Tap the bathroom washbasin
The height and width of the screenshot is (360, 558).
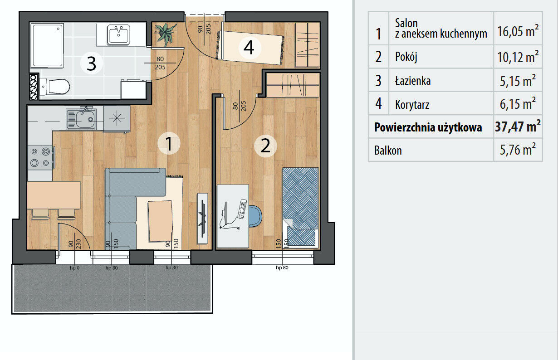(x=118, y=34)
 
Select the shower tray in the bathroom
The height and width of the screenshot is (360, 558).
(x=47, y=45)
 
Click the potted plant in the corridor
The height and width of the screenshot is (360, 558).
(x=165, y=34)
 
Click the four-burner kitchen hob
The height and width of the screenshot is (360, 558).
(x=40, y=157)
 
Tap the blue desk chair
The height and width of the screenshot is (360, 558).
(x=255, y=216)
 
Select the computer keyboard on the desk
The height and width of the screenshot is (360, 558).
(x=242, y=209)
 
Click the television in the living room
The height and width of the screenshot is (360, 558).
(x=202, y=218)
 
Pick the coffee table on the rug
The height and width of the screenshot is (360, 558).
(x=161, y=221)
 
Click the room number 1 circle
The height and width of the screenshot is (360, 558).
(x=169, y=144)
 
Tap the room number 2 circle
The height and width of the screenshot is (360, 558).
(x=265, y=146)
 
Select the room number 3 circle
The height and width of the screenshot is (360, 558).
(x=92, y=63)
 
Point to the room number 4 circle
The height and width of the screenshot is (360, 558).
(x=250, y=48)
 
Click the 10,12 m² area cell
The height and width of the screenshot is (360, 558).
(x=518, y=57)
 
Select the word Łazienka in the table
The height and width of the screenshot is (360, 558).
(x=413, y=81)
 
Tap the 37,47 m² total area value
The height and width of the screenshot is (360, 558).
(x=518, y=126)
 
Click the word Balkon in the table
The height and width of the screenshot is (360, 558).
(x=388, y=151)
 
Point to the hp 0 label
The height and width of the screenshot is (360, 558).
(x=74, y=268)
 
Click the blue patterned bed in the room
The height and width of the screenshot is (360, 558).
(x=300, y=208)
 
